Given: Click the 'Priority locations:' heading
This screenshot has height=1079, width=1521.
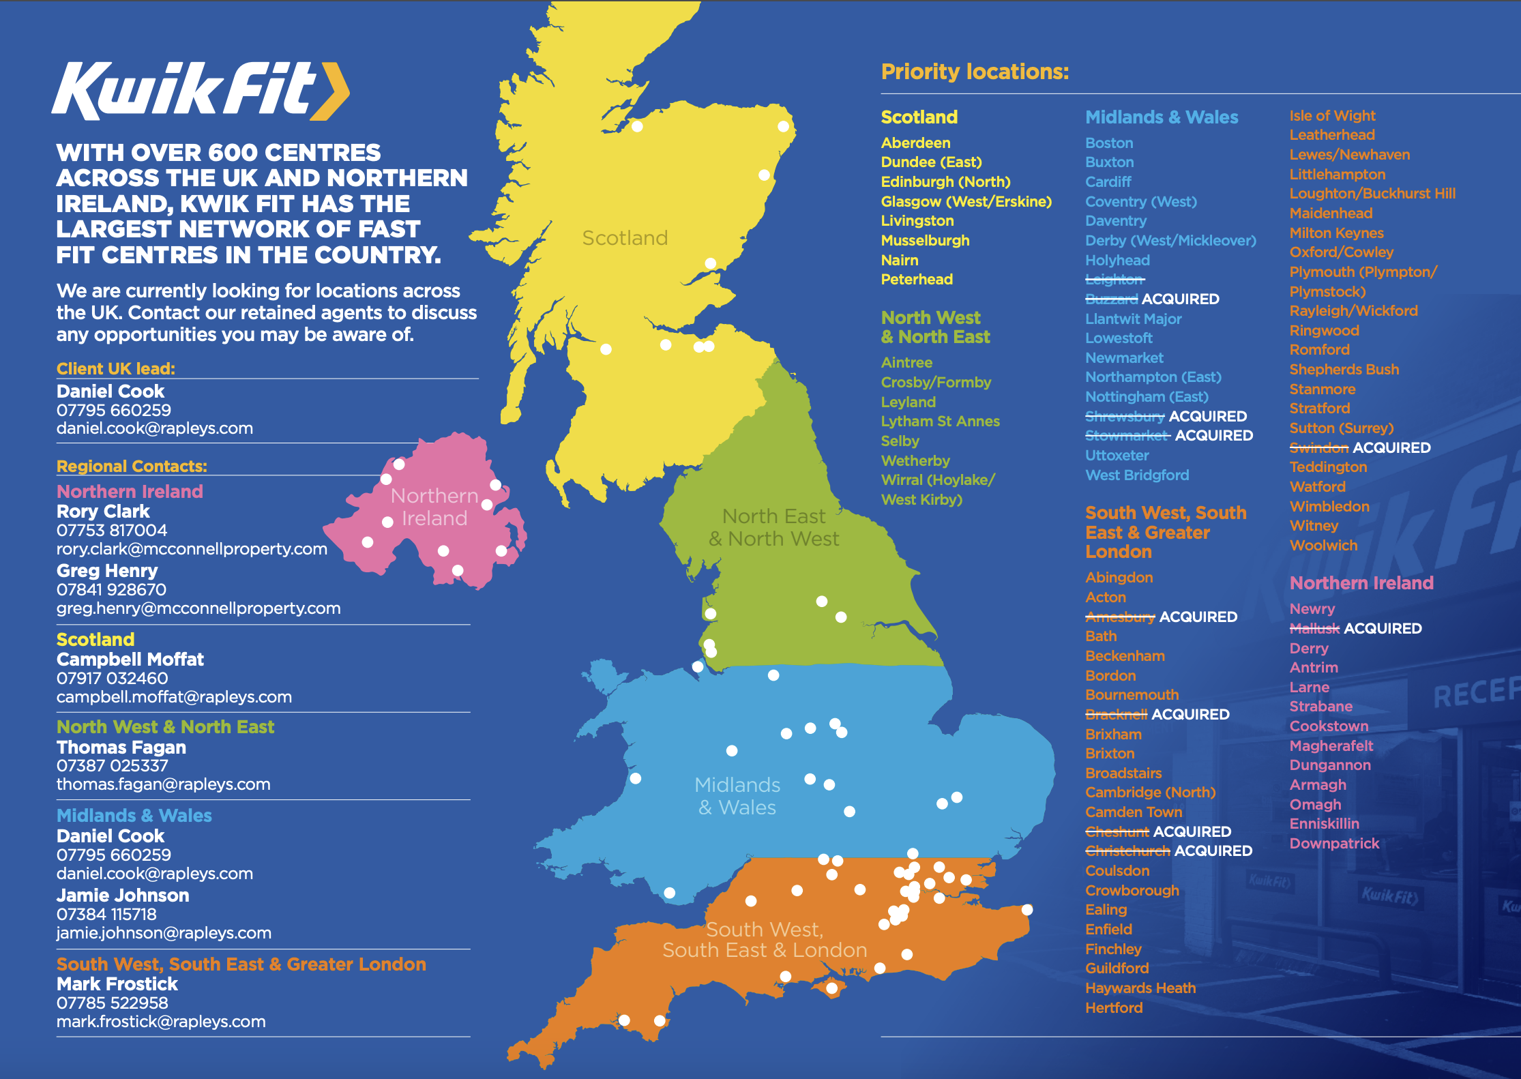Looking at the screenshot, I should coord(975,72).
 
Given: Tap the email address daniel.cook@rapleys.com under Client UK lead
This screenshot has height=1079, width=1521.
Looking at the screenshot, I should coord(154,428).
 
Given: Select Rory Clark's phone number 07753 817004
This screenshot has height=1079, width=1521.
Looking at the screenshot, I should coord(111,530).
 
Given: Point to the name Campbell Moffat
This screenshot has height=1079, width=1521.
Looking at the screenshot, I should coord(130,660).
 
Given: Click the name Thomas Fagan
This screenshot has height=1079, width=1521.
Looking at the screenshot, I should coord(121,748).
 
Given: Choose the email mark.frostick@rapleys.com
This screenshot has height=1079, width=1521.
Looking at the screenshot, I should coord(161,1022).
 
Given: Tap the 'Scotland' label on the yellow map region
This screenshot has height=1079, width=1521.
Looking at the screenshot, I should coord(625,238).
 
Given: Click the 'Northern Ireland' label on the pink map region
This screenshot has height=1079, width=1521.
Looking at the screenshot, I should coord(434,507).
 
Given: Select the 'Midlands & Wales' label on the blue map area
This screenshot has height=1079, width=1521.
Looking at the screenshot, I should coord(737,796).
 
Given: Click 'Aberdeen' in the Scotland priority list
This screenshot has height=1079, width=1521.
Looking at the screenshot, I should coord(915,143).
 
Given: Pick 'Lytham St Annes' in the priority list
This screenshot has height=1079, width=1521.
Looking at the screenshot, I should coord(940,422).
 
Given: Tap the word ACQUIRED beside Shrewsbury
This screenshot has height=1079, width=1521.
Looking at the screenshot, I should coord(1207,416).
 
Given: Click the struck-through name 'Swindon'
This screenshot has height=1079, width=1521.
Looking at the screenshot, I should coord(1318,448).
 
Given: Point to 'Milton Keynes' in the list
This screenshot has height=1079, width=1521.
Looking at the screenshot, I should coord(1336,233).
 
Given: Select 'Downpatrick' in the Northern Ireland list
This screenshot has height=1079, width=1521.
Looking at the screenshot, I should coord(1334,844).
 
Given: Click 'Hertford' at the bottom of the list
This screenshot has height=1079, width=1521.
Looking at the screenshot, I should coord(1114,1008).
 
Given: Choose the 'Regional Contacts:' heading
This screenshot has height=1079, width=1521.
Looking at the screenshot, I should coord(132,467).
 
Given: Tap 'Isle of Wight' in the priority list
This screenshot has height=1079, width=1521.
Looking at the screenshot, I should coord(1332,116).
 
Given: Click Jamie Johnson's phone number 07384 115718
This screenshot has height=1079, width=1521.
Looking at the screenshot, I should coord(106,915).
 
